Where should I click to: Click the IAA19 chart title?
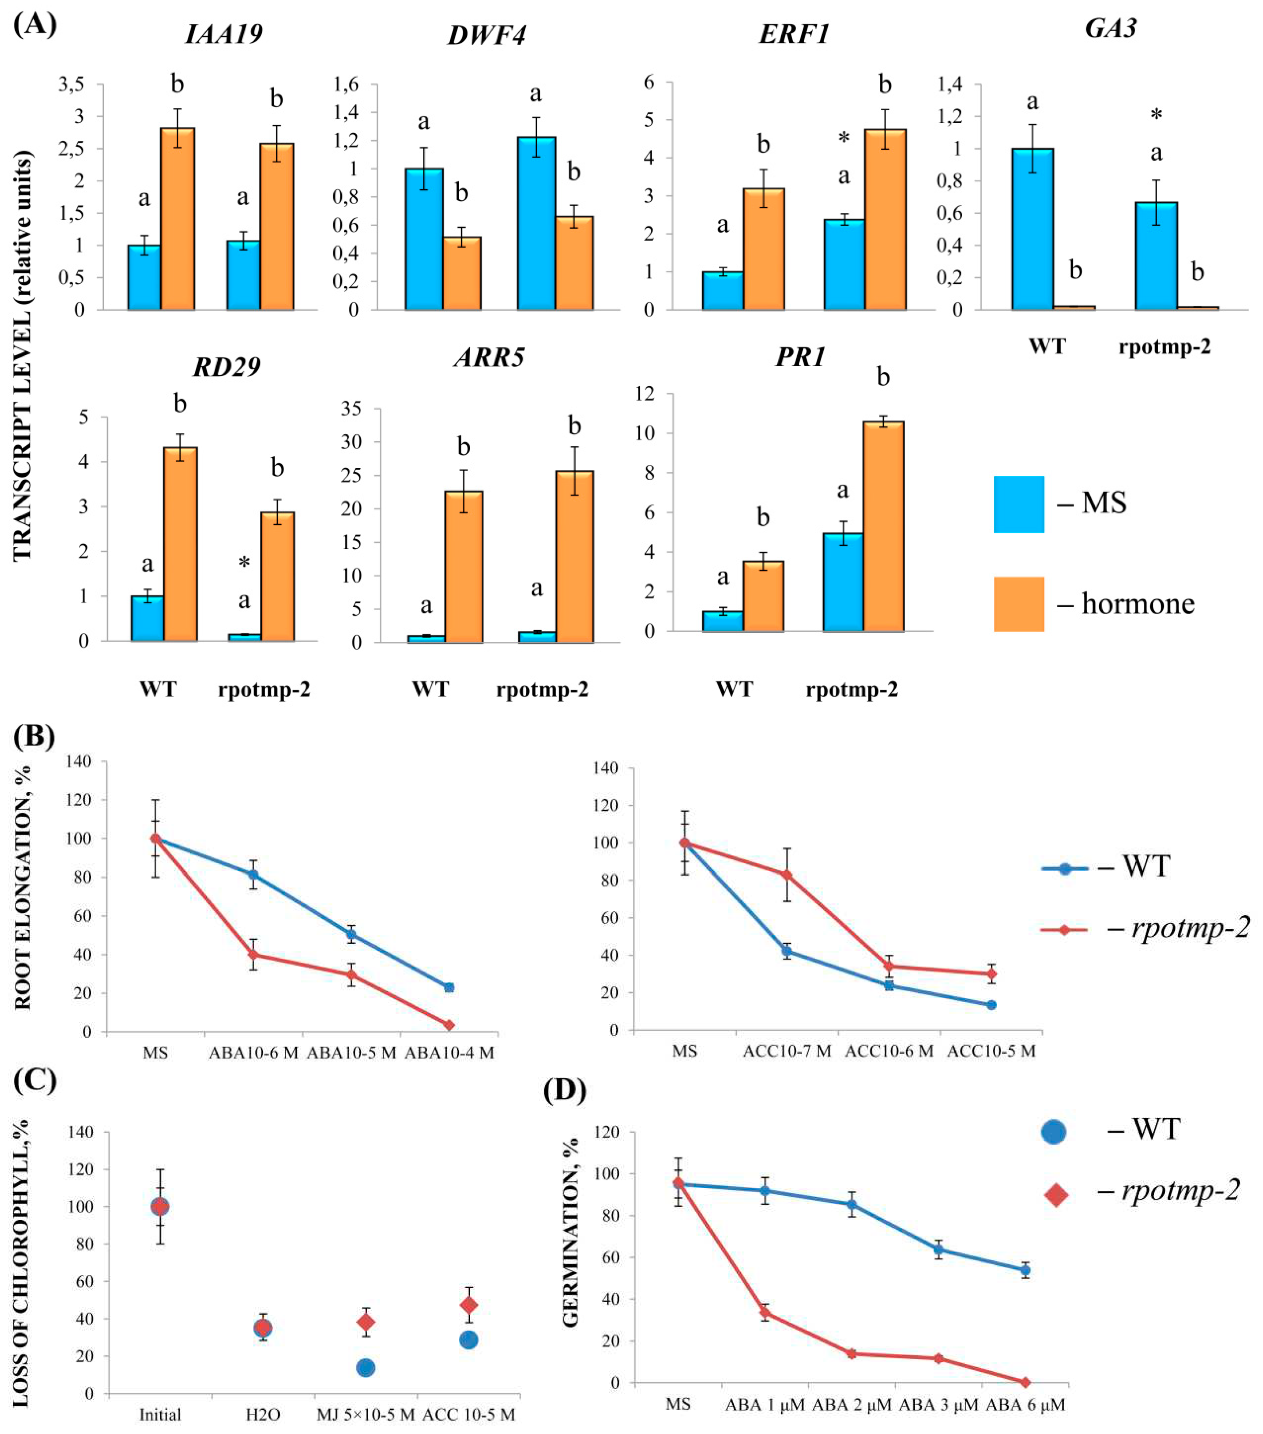click(x=224, y=34)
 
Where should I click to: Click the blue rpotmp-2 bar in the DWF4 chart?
click(x=536, y=223)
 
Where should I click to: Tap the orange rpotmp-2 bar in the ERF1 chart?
click(x=885, y=219)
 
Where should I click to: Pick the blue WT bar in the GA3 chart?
click(x=1032, y=229)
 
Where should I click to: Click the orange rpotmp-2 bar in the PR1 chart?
click(x=883, y=526)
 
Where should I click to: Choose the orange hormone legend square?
click(x=1018, y=604)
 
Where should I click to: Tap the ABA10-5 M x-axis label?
click(x=351, y=1052)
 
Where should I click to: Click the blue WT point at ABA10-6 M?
click(x=253, y=875)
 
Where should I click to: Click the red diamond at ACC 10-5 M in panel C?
click(x=468, y=1305)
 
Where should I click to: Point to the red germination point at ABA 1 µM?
click(x=765, y=1313)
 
